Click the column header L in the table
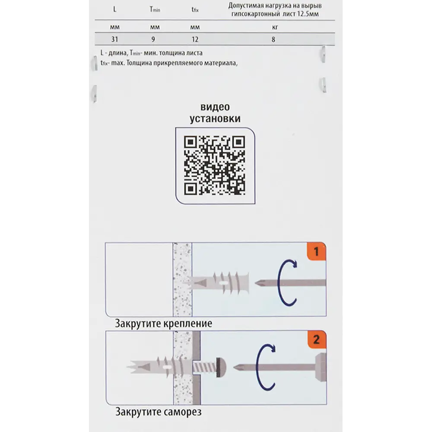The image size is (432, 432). click(x=114, y=10)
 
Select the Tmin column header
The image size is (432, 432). click(x=155, y=10)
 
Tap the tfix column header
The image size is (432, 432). click(x=195, y=10)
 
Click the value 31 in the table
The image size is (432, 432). click(x=114, y=39)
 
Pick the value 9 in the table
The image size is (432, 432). click(x=153, y=39)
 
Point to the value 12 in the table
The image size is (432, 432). click(x=195, y=39)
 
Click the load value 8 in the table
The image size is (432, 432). click(x=273, y=40)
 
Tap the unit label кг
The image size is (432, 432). click(x=275, y=27)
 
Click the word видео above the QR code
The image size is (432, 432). click(x=215, y=107)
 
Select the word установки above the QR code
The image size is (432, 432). click(x=215, y=118)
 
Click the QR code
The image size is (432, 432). click(x=215, y=165)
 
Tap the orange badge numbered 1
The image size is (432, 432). click(x=317, y=251)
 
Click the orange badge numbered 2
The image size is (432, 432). click(x=317, y=340)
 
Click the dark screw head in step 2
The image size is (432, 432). click(x=221, y=367)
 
